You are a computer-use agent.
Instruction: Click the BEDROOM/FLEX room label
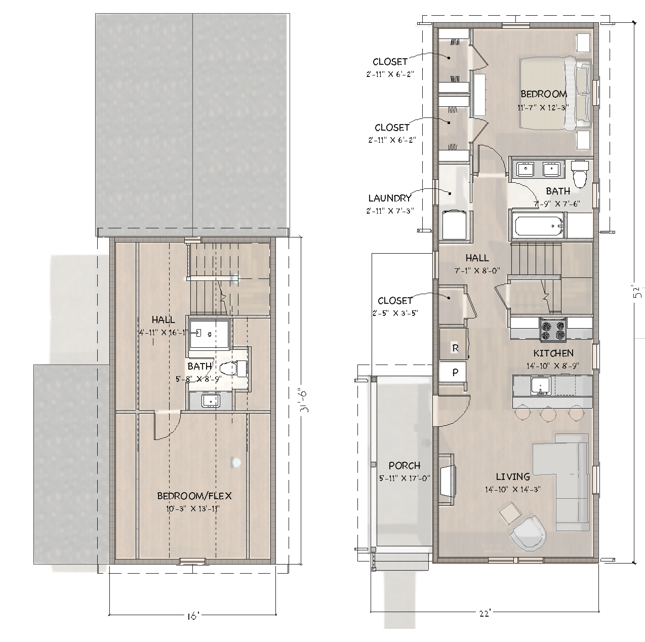(194, 496)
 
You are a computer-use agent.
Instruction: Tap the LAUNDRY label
(390, 198)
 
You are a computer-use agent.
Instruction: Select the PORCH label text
(405, 466)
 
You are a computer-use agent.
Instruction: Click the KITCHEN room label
(553, 353)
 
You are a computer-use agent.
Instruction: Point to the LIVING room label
(513, 476)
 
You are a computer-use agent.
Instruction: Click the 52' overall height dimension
(638, 292)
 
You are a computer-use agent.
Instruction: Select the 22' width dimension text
(485, 614)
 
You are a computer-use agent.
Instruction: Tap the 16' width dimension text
(193, 616)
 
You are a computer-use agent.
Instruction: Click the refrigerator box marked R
(455, 348)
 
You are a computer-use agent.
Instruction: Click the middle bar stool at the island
(548, 414)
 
